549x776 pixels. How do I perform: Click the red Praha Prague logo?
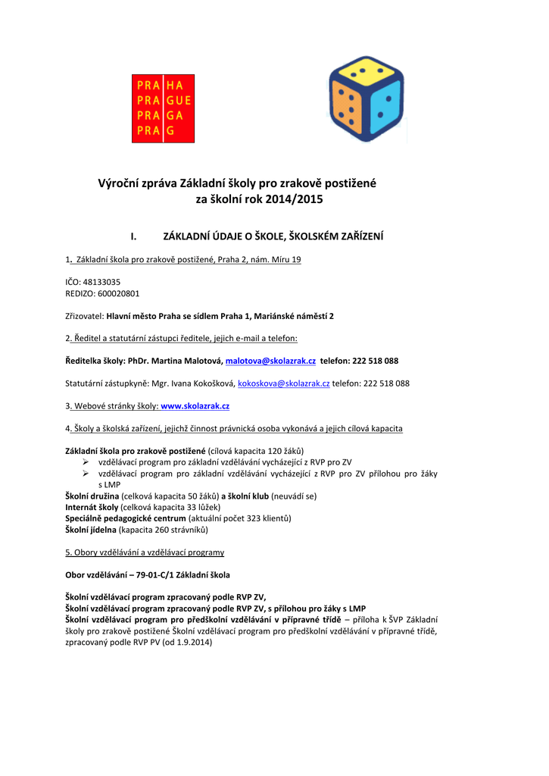point(163,108)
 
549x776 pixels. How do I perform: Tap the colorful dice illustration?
point(366,99)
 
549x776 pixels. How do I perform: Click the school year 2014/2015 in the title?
point(300,200)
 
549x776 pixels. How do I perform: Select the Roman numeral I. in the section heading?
point(133,237)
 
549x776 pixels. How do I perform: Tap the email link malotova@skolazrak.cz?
point(270,361)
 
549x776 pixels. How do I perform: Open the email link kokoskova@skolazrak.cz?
point(284,383)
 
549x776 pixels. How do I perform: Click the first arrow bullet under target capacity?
point(86,462)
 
